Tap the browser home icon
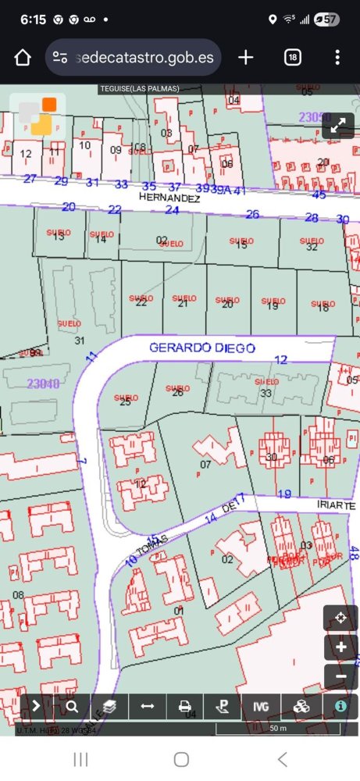(x=22, y=58)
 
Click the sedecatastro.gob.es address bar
(x=134, y=58)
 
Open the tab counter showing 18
(x=293, y=58)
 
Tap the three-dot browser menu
(x=337, y=58)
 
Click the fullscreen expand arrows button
(x=339, y=126)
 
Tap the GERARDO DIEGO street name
(x=202, y=348)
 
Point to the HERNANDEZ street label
(x=169, y=198)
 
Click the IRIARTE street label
(x=336, y=506)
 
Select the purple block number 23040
(x=43, y=383)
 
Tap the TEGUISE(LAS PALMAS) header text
(x=139, y=89)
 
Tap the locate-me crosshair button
(x=340, y=619)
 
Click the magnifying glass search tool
(x=73, y=707)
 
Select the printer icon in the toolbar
(x=185, y=707)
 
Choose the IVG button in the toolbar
(x=261, y=707)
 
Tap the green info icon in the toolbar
(x=340, y=706)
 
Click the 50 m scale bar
(x=277, y=729)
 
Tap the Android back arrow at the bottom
(x=282, y=759)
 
